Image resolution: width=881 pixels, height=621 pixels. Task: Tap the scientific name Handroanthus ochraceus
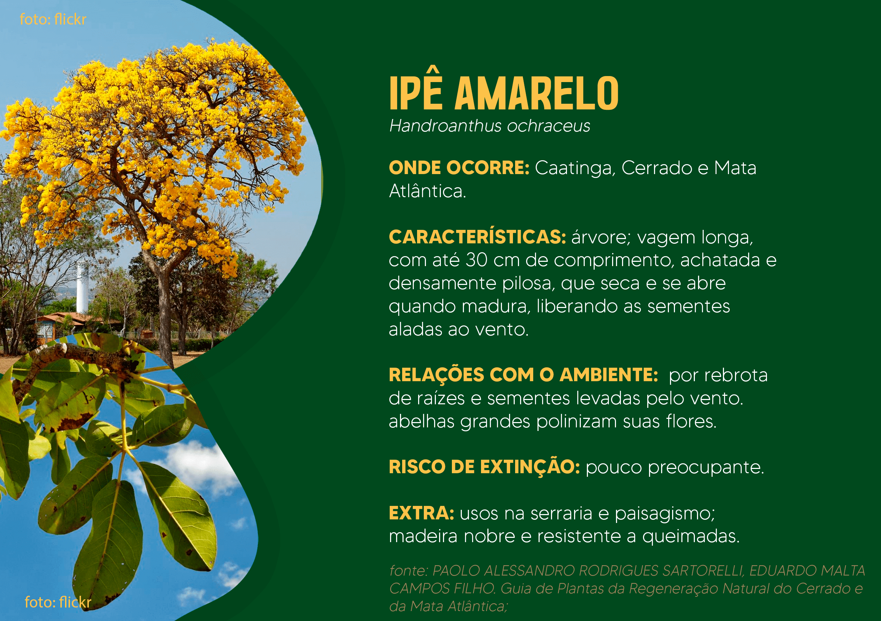pos(490,126)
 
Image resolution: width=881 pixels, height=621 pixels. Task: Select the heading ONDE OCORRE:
pos(459,168)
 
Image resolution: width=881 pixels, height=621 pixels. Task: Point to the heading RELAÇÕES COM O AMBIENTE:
pos(524,375)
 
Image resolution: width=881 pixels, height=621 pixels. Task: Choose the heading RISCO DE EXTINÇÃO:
pos(484,467)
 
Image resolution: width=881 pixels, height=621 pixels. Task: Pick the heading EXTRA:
pos(421,513)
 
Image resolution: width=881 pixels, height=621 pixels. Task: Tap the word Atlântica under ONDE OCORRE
pos(427,191)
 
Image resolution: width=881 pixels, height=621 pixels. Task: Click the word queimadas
pos(691,536)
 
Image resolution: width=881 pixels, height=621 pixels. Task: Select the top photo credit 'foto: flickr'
pos(53,19)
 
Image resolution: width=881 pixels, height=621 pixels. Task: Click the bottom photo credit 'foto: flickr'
pos(58,602)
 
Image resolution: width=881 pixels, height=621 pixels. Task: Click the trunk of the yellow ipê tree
pos(165,307)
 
